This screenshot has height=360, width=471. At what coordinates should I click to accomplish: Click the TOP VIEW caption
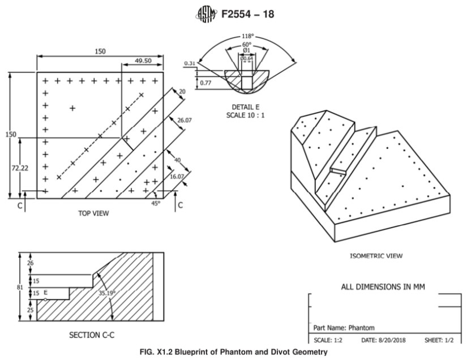pos(93,214)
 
